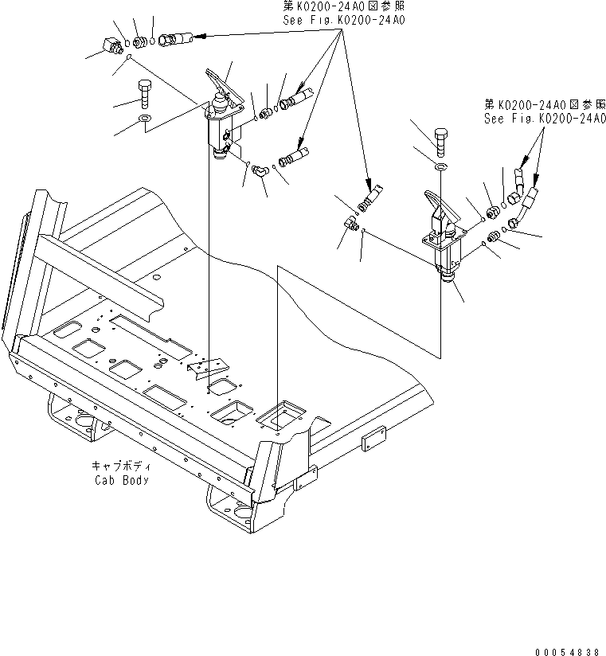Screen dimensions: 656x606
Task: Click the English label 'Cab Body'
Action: [x=121, y=480]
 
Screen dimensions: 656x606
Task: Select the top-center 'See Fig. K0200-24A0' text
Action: [x=343, y=20]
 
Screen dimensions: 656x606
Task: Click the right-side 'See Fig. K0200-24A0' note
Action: [x=545, y=117]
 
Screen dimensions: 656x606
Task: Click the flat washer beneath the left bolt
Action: [x=146, y=119]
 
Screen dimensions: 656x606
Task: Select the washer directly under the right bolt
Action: [x=440, y=166]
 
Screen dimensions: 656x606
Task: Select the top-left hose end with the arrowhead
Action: [x=178, y=38]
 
